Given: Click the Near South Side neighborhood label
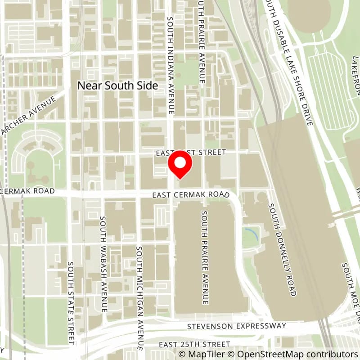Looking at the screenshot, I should pyautogui.click(x=118, y=85).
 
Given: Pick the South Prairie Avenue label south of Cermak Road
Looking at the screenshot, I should pyautogui.click(x=205, y=257).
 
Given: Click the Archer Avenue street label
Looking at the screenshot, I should pyautogui.click(x=31, y=115).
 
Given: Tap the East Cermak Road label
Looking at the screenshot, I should pyautogui.click(x=190, y=194).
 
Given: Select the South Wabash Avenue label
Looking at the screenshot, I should pyautogui.click(x=103, y=264).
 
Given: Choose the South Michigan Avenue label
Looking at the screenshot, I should pyautogui.click(x=139, y=298).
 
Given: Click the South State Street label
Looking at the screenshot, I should pyautogui.click(x=71, y=303).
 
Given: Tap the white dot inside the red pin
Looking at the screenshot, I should pyautogui.click(x=180, y=163).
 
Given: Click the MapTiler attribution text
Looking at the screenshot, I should pyautogui.click(x=201, y=354).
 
